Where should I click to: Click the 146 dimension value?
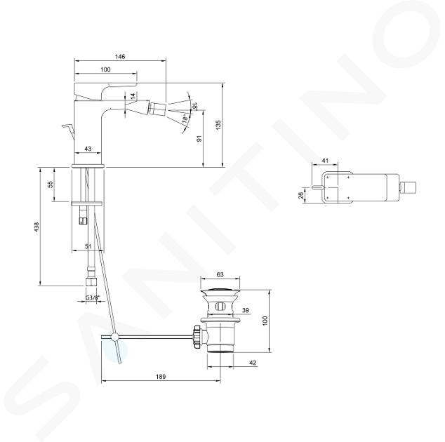(120, 56)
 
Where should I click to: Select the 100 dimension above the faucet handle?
(105, 69)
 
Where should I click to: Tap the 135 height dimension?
(218, 125)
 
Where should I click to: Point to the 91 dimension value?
(199, 139)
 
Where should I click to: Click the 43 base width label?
(88, 149)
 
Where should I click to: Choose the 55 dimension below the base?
(51, 185)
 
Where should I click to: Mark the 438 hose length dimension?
(36, 227)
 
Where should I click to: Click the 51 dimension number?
(88, 246)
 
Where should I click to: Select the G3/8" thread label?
(93, 298)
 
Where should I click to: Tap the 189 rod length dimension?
(161, 377)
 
